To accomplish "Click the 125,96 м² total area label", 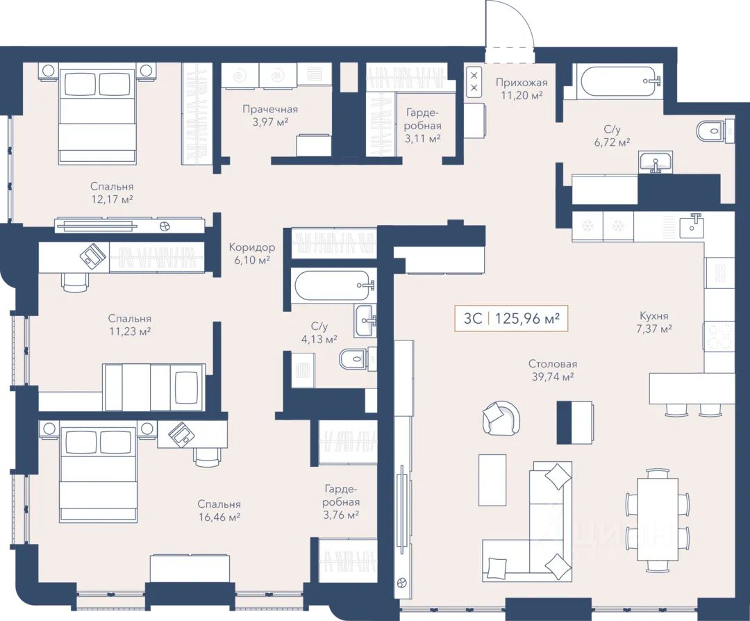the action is pyautogui.click(x=527, y=319).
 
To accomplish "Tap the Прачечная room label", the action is pyautogui.click(x=270, y=109).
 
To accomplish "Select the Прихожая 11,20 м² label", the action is pyautogui.click(x=522, y=89).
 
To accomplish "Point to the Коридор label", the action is pyautogui.click(x=251, y=247).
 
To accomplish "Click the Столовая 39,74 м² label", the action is pyautogui.click(x=553, y=370).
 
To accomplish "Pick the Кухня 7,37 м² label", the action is pyautogui.click(x=654, y=322).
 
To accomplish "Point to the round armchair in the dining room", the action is pyautogui.click(x=501, y=417).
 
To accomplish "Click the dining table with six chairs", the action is pyautogui.click(x=658, y=520).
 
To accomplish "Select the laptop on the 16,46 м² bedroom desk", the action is pyautogui.click(x=182, y=434).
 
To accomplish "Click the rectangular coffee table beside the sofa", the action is pyautogui.click(x=492, y=480).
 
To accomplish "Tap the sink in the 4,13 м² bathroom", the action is pyautogui.click(x=366, y=321).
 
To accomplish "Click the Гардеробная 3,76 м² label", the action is pyautogui.click(x=340, y=502).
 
